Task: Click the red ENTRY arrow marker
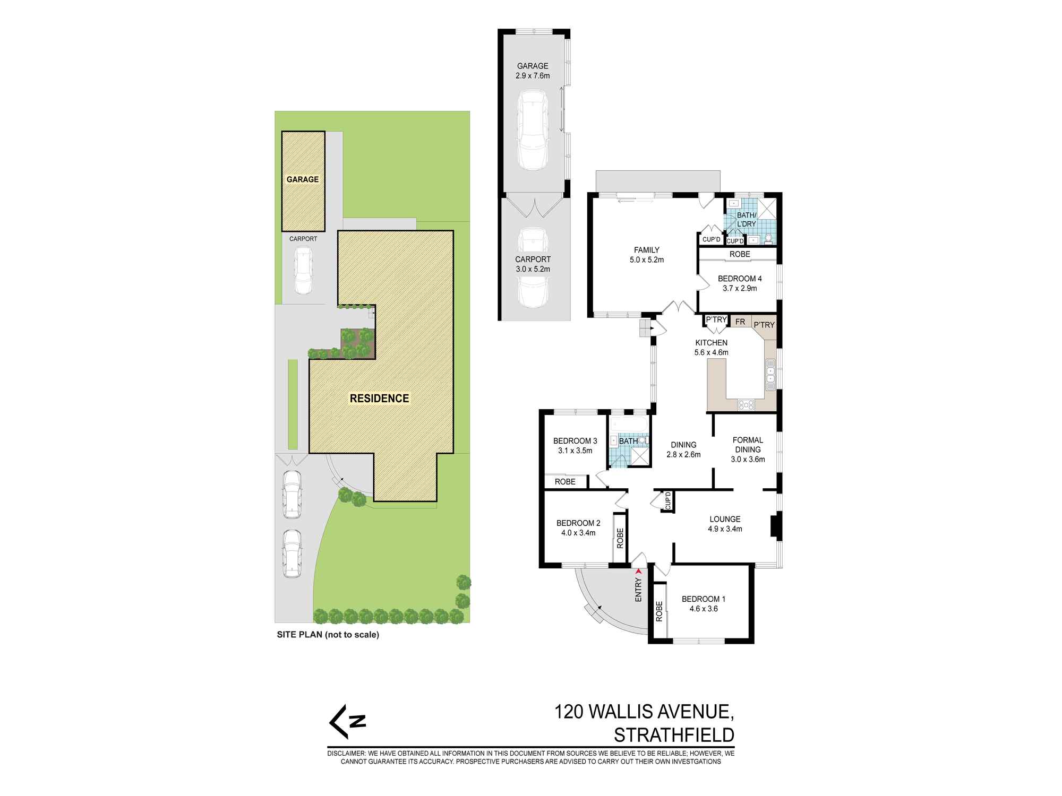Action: coord(638,572)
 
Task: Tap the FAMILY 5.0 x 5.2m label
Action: coord(646,255)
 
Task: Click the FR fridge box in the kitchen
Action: coord(740,322)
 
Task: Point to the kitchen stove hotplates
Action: coord(746,405)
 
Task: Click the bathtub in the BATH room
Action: coord(629,425)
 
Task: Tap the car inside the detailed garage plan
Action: coord(533,130)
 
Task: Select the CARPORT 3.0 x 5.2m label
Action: coord(533,264)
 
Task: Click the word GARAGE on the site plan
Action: coord(303,179)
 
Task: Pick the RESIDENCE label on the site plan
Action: coord(379,399)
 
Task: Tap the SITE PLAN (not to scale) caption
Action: coord(328,634)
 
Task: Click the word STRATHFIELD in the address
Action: coord(674,735)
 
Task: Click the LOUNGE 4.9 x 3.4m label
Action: coord(725,524)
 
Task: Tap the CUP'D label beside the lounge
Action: coord(668,501)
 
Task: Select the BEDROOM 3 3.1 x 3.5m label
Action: coord(575,446)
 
